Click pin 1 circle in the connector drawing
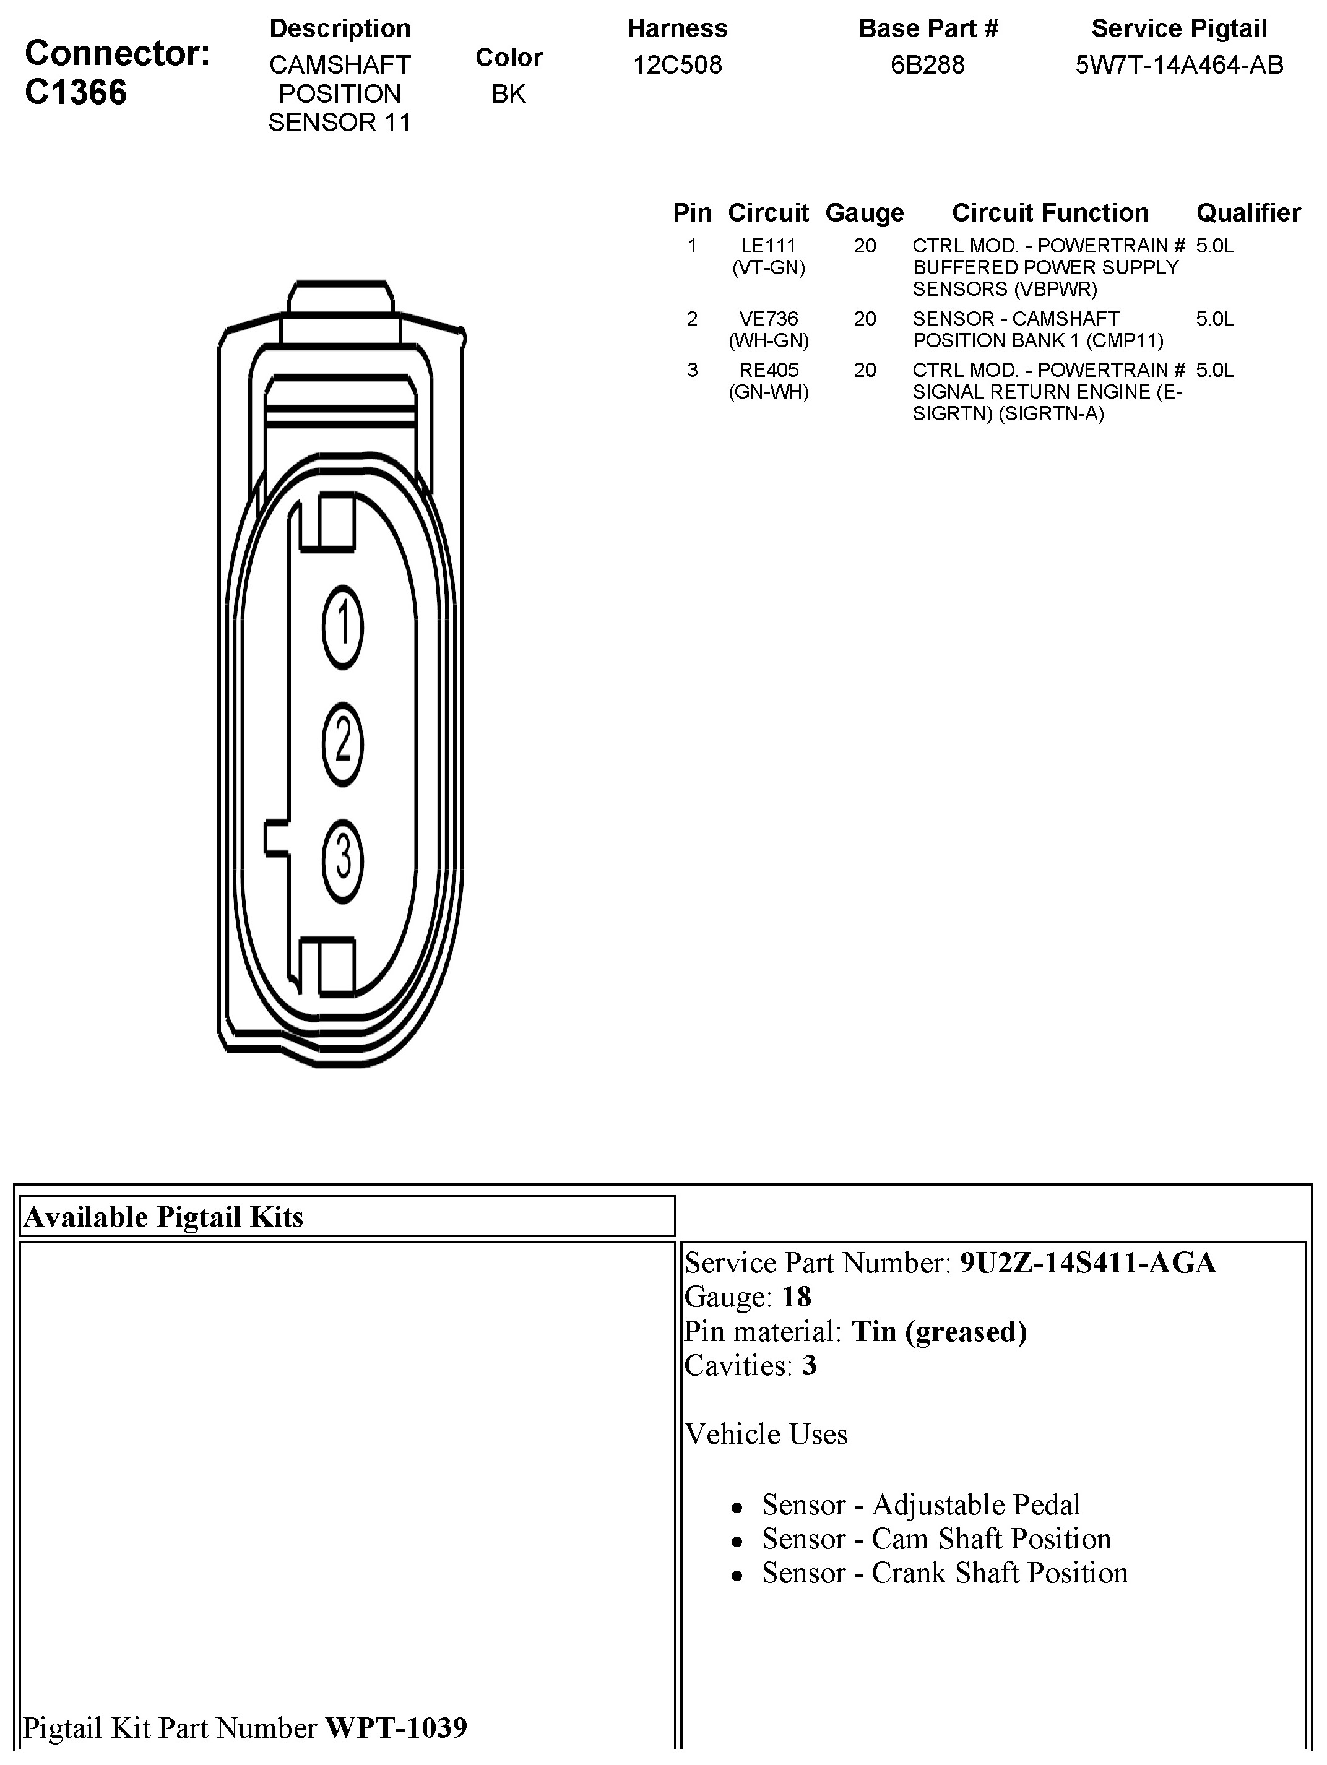click(x=342, y=626)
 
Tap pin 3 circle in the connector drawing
click(x=342, y=860)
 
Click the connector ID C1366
click(x=76, y=93)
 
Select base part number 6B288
click(x=927, y=64)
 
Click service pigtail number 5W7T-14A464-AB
click(x=1178, y=64)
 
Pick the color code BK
click(x=508, y=94)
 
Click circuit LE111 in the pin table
click(x=769, y=246)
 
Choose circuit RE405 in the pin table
click(x=769, y=370)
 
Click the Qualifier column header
click(x=1248, y=213)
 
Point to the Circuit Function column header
click(x=1050, y=213)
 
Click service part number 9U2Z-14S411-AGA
click(x=1087, y=1263)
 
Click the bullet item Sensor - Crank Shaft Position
click(x=944, y=1573)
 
